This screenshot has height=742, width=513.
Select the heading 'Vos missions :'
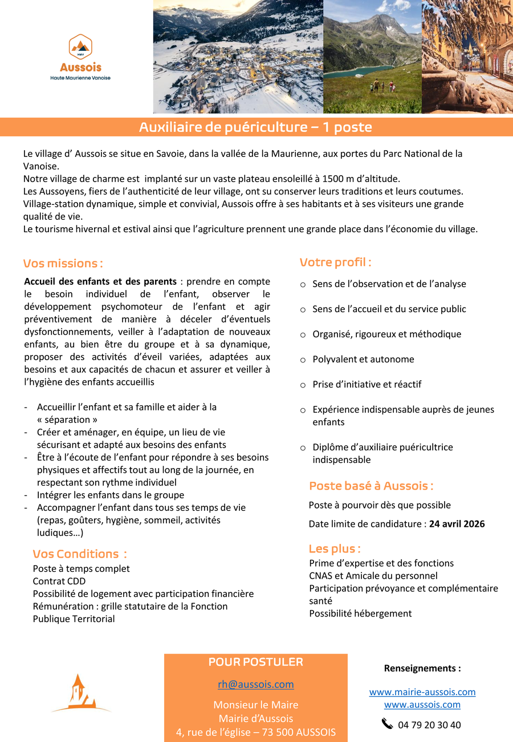pos(63,264)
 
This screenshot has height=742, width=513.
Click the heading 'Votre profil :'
pos(335,263)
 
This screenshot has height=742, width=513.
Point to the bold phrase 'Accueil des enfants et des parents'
pos(100,281)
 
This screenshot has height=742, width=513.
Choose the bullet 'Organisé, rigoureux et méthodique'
pos(386,334)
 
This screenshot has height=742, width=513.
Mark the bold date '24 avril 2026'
pos(457,523)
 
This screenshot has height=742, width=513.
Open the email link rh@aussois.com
pos(255,684)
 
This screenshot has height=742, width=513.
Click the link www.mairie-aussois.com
pos(422,692)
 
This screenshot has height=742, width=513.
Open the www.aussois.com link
pos(422,704)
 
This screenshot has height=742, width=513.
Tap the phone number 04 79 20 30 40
pos(429,725)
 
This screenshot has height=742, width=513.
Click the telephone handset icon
pos(387,724)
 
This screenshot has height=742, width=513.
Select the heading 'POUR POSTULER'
pos(255,662)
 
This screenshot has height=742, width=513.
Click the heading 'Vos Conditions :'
pos(79,554)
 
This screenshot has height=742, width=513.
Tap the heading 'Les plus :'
pos(335,549)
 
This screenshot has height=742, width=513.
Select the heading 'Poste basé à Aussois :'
pos(371,486)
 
